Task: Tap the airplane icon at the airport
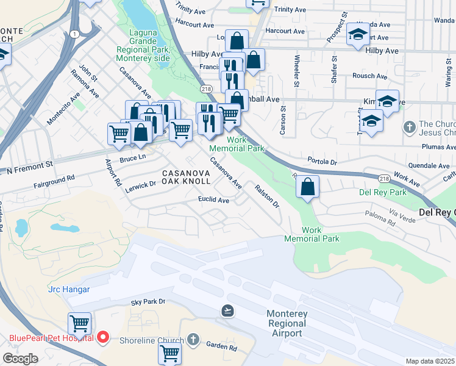pyautogui.click(x=228, y=311)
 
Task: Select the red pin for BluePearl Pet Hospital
pyautogui.click(x=104, y=337)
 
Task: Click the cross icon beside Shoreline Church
pyautogui.click(x=193, y=339)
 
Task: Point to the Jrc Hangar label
pyautogui.click(x=67, y=290)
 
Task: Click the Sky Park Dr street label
pyautogui.click(x=148, y=302)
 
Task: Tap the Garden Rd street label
pyautogui.click(x=221, y=347)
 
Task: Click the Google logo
pyautogui.click(x=20, y=358)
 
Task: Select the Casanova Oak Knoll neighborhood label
pyautogui.click(x=186, y=178)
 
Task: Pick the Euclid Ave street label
pyautogui.click(x=213, y=199)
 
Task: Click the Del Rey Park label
pyautogui.click(x=382, y=192)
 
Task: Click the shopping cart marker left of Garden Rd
pyautogui.click(x=170, y=353)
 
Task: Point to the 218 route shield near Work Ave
pyautogui.click(x=383, y=178)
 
